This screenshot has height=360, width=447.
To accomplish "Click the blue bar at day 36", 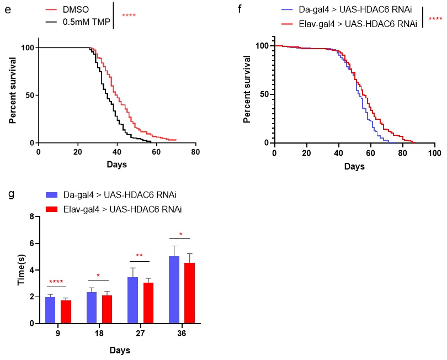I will click(x=174, y=289).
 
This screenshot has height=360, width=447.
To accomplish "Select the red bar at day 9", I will click(x=66, y=312).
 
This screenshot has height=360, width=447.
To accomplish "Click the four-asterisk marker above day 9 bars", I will click(x=56, y=283).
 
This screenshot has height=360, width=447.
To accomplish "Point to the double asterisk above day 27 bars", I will click(x=139, y=256).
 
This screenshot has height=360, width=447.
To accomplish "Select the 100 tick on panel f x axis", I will click(x=434, y=151).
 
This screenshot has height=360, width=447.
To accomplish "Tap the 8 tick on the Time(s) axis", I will click(x=33, y=216).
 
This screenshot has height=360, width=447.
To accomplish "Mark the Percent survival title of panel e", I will click(x=13, y=96).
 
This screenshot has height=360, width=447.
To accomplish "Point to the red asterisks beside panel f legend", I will click(x=435, y=19).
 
